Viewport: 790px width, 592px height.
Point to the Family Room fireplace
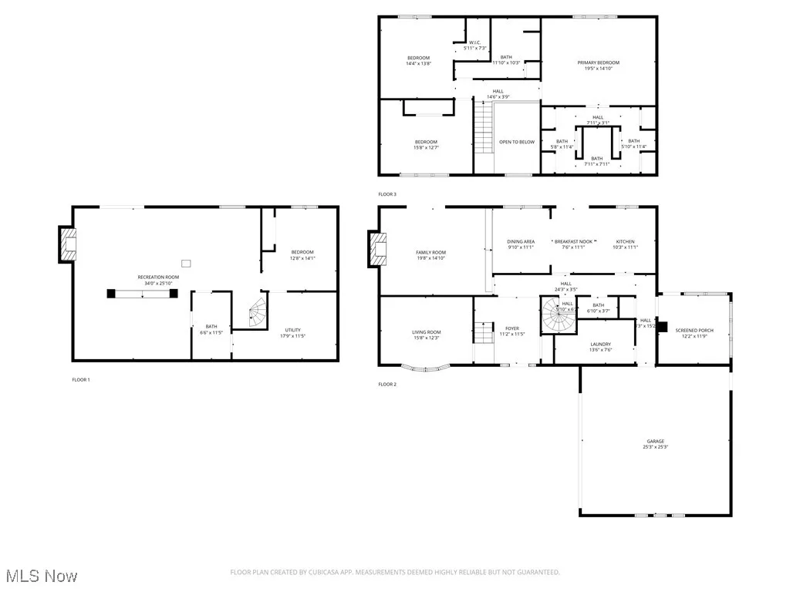378,249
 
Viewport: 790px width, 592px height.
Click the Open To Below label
516,142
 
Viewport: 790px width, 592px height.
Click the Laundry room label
600,346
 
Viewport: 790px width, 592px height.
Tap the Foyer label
512,331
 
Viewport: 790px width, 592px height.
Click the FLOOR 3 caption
387,194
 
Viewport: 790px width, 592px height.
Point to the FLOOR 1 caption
81,379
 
